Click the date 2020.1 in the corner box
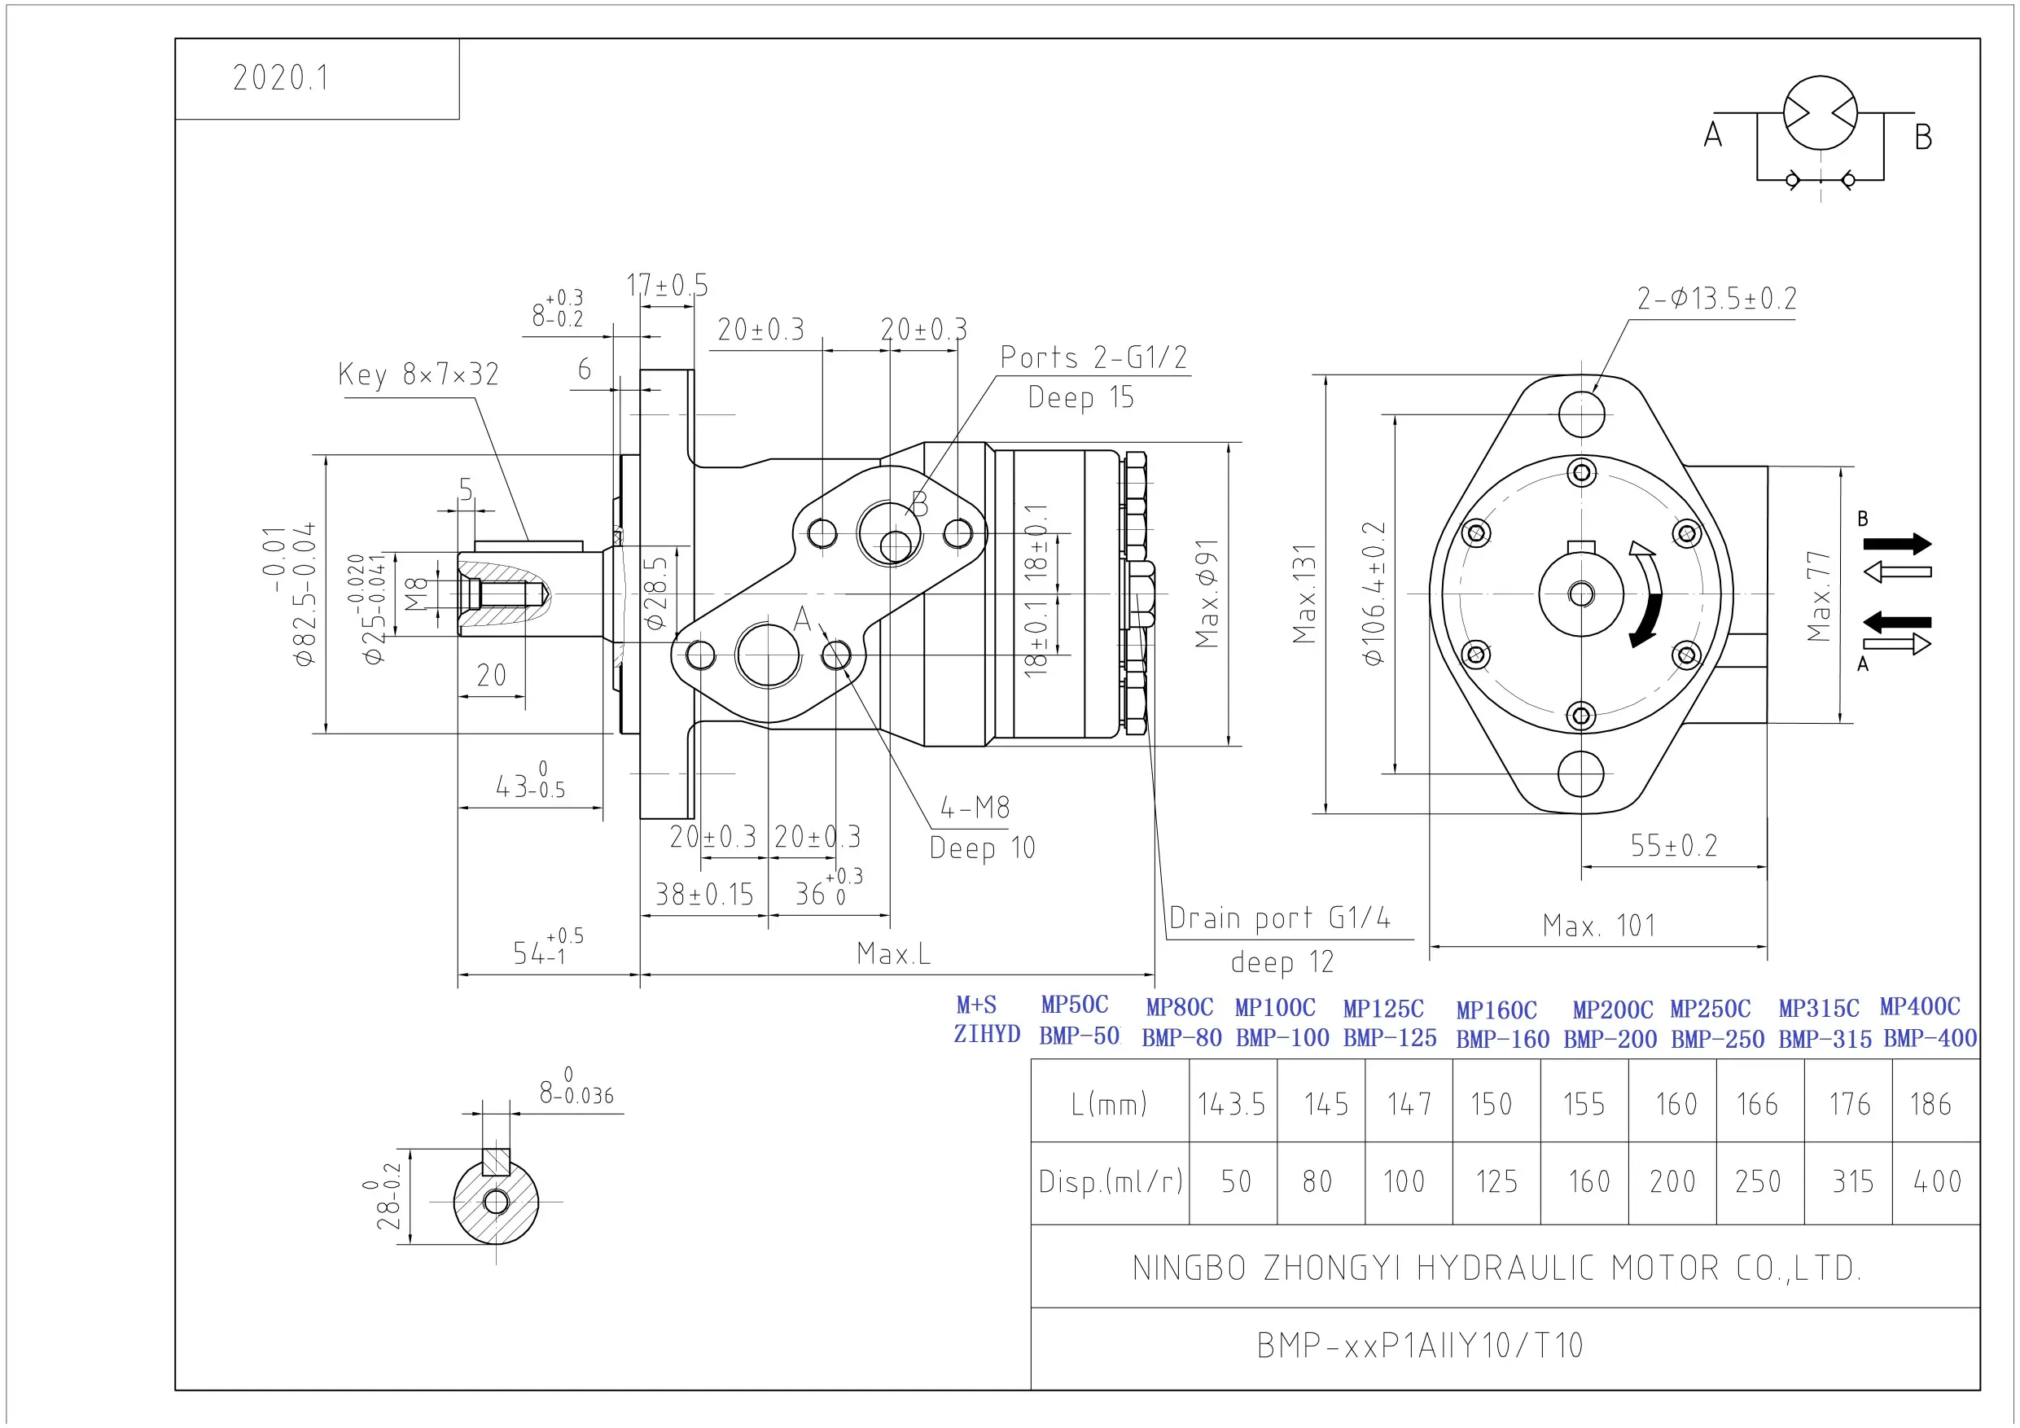281,77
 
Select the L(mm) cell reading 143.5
1231,1103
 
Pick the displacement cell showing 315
1852,1181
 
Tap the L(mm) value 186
1930,1103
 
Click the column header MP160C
1496,1010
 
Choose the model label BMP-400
1930,1038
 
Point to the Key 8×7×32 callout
418,374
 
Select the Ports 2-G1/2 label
1093,357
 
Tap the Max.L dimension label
893,953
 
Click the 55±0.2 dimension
1673,844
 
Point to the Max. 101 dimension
1598,925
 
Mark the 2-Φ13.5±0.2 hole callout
1716,298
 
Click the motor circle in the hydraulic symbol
1821,112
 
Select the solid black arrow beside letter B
1898,544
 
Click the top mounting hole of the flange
1581,414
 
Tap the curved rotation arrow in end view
1646,595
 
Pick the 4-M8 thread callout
975,807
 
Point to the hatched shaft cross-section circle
496,1201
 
